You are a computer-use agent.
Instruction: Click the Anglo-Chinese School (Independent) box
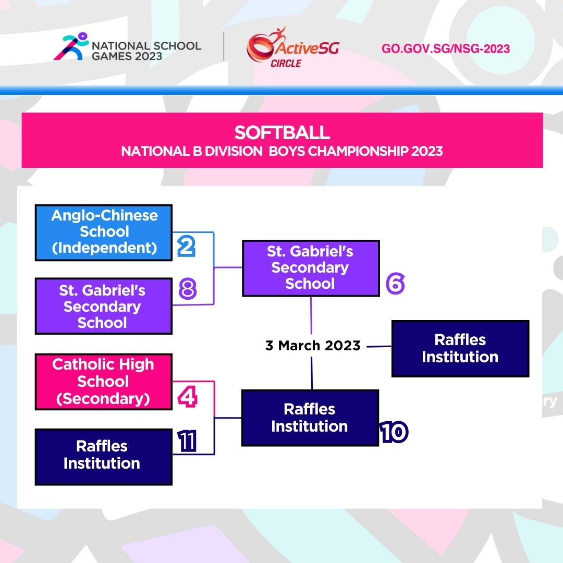[x=104, y=232]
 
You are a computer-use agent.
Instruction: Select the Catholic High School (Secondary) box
[x=104, y=381]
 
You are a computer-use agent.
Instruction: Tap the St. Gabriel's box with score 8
[x=104, y=306]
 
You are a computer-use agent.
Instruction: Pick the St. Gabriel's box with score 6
[x=311, y=268]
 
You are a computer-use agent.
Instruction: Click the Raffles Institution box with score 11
[x=104, y=457]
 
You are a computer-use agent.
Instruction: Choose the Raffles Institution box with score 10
[x=310, y=418]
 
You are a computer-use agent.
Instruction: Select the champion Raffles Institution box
[x=460, y=348]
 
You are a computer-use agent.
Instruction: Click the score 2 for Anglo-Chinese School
[x=186, y=246]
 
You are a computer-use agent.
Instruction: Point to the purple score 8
[x=188, y=289]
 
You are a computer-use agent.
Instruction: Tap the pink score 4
[x=188, y=396]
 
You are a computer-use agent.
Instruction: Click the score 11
[x=187, y=441]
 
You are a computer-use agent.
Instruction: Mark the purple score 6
[x=395, y=283]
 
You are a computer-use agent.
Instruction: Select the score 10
[x=394, y=432]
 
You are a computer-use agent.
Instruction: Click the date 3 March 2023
[x=313, y=346]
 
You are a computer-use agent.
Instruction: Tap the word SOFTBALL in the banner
[x=282, y=132]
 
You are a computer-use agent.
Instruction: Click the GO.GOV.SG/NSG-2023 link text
[x=446, y=48]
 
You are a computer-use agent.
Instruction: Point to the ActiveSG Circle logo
[x=292, y=47]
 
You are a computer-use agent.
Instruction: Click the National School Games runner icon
[x=71, y=46]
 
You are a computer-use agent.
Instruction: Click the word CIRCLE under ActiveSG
[x=286, y=63]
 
